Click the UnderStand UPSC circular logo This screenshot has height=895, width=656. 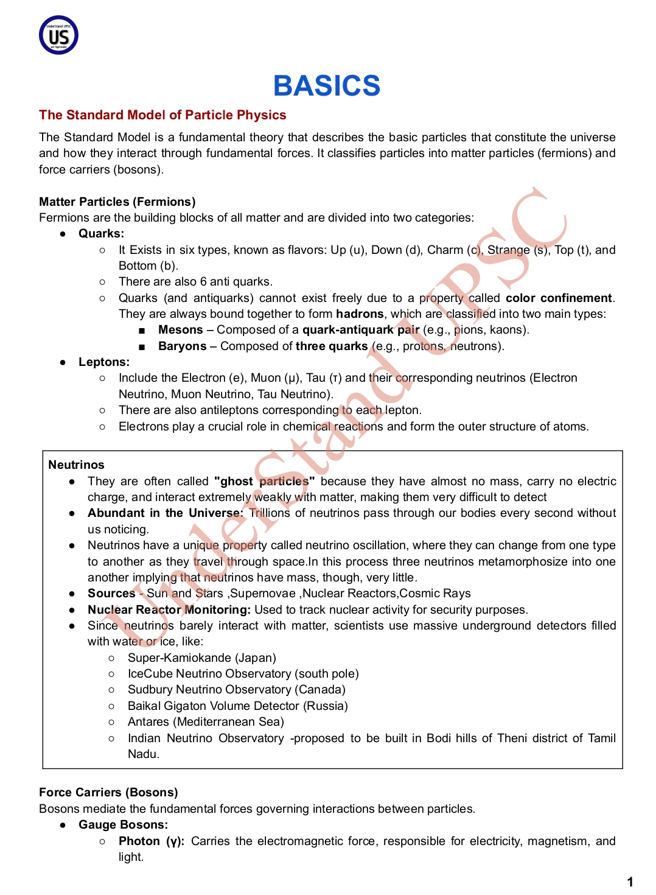[x=59, y=35]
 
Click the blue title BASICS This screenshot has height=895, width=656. [x=327, y=86]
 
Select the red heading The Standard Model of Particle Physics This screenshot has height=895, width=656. [x=162, y=115]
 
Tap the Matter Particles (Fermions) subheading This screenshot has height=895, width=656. [x=117, y=202]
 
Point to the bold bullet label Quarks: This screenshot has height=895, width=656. [x=101, y=234]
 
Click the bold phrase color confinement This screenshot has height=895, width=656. [x=559, y=298]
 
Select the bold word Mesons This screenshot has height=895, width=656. [x=180, y=330]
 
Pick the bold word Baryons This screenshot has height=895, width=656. [x=182, y=346]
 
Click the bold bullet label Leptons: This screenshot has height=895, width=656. [x=103, y=362]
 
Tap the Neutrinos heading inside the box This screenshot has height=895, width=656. [x=76, y=465]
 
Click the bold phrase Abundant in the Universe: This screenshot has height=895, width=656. [x=165, y=513]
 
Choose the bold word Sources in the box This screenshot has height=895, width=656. [x=111, y=594]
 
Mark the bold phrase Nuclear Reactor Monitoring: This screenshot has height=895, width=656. [x=169, y=610]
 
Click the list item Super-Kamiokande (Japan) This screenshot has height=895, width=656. [x=201, y=658]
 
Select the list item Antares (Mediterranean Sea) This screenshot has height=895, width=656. [x=206, y=722]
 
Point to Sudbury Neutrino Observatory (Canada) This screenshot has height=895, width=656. [x=236, y=690]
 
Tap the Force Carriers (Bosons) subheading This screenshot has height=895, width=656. [x=108, y=793]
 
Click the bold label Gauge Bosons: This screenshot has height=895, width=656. [x=123, y=825]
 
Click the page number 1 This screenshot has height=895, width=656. [x=630, y=882]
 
